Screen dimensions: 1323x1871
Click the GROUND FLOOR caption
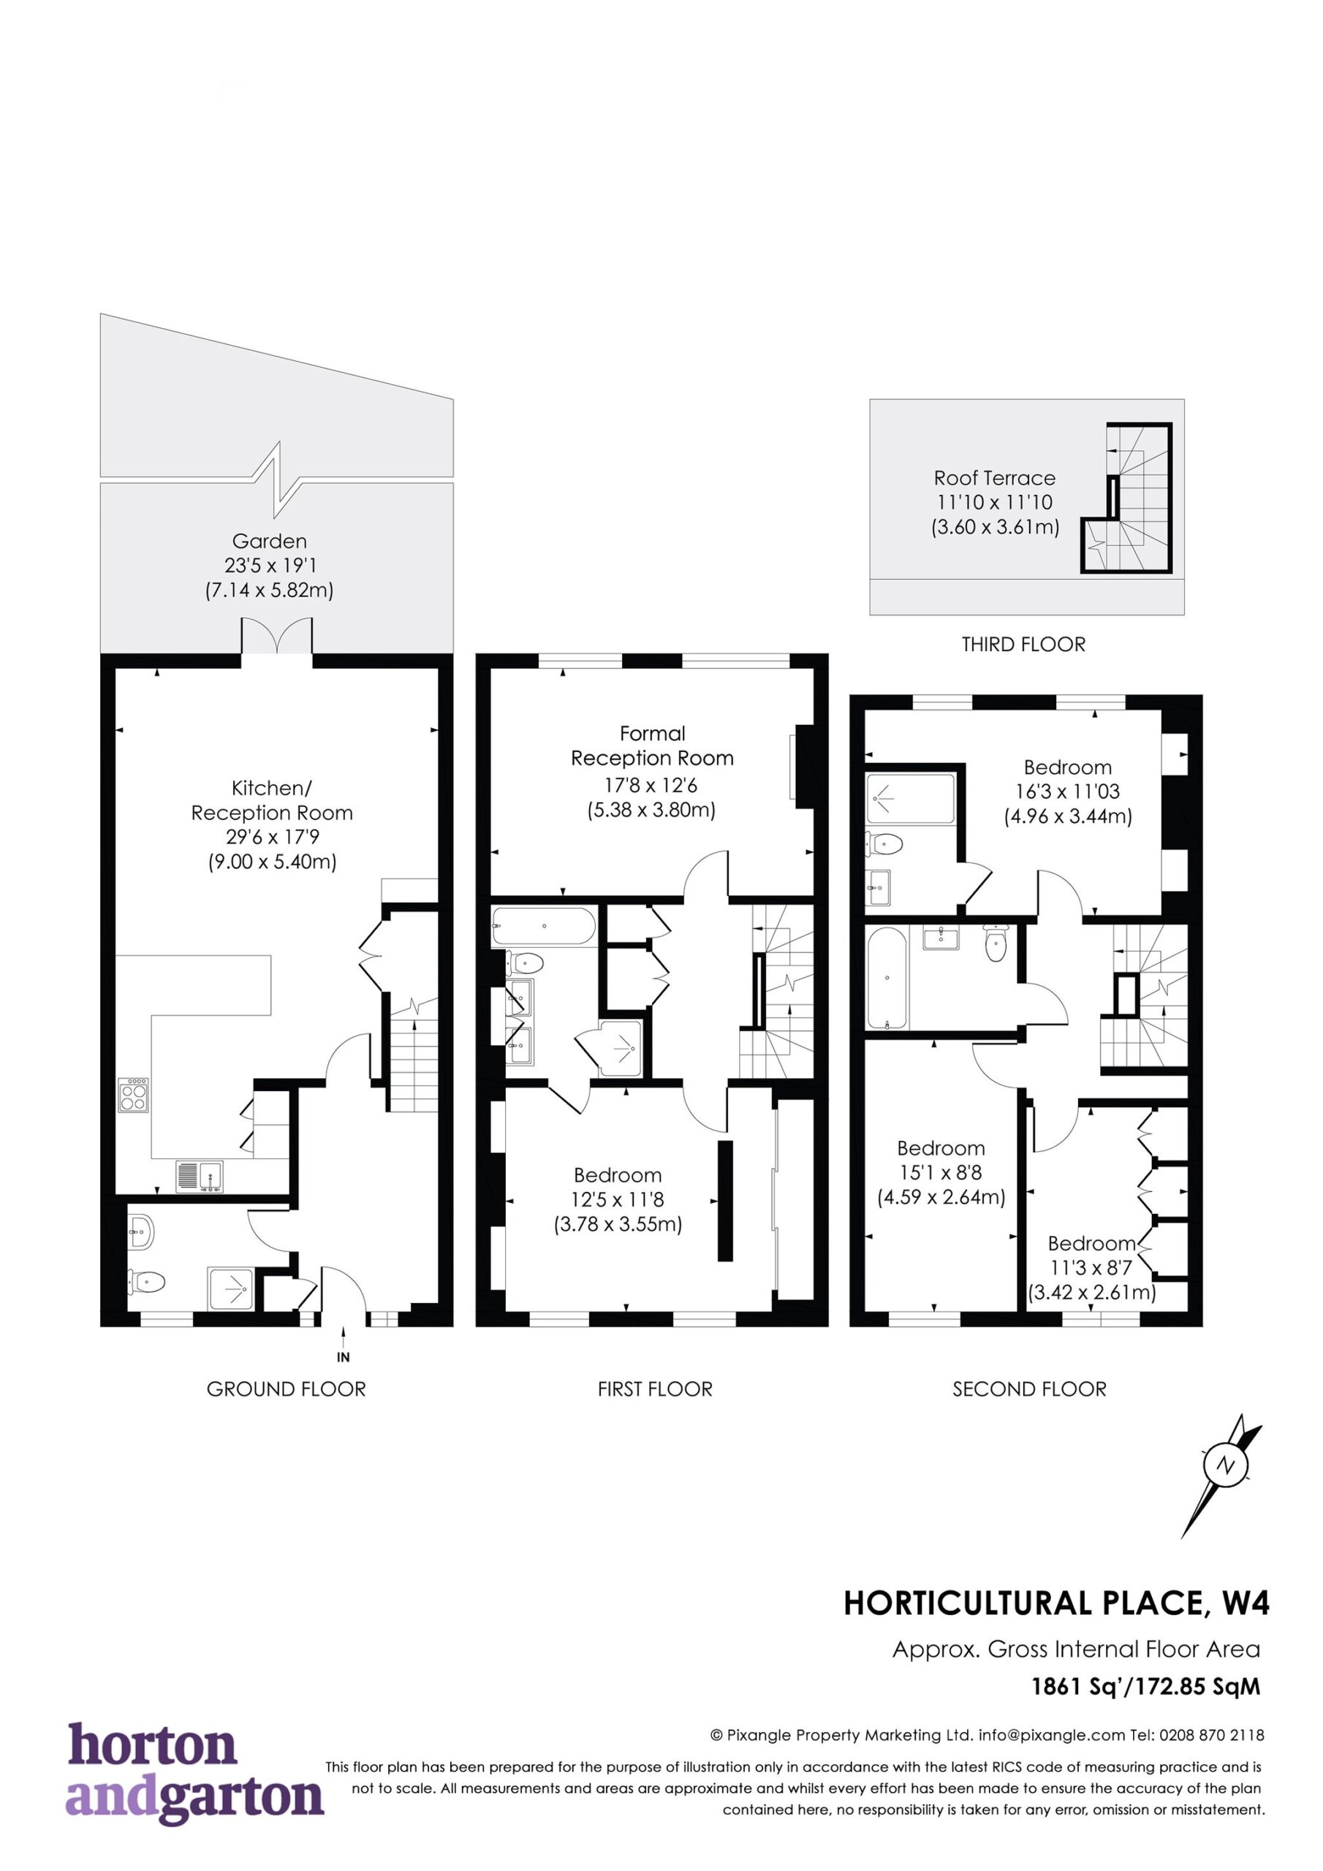[286, 1389]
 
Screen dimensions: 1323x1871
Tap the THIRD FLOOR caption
[1023, 645]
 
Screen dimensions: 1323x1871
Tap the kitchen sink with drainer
[200, 1176]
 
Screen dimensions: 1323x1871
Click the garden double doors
[277, 636]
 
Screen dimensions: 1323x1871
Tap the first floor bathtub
[544, 927]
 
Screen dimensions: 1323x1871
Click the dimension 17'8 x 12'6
[651, 786]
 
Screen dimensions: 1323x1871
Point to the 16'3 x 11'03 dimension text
[1067, 792]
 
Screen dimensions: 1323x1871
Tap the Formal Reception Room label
[652, 745]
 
